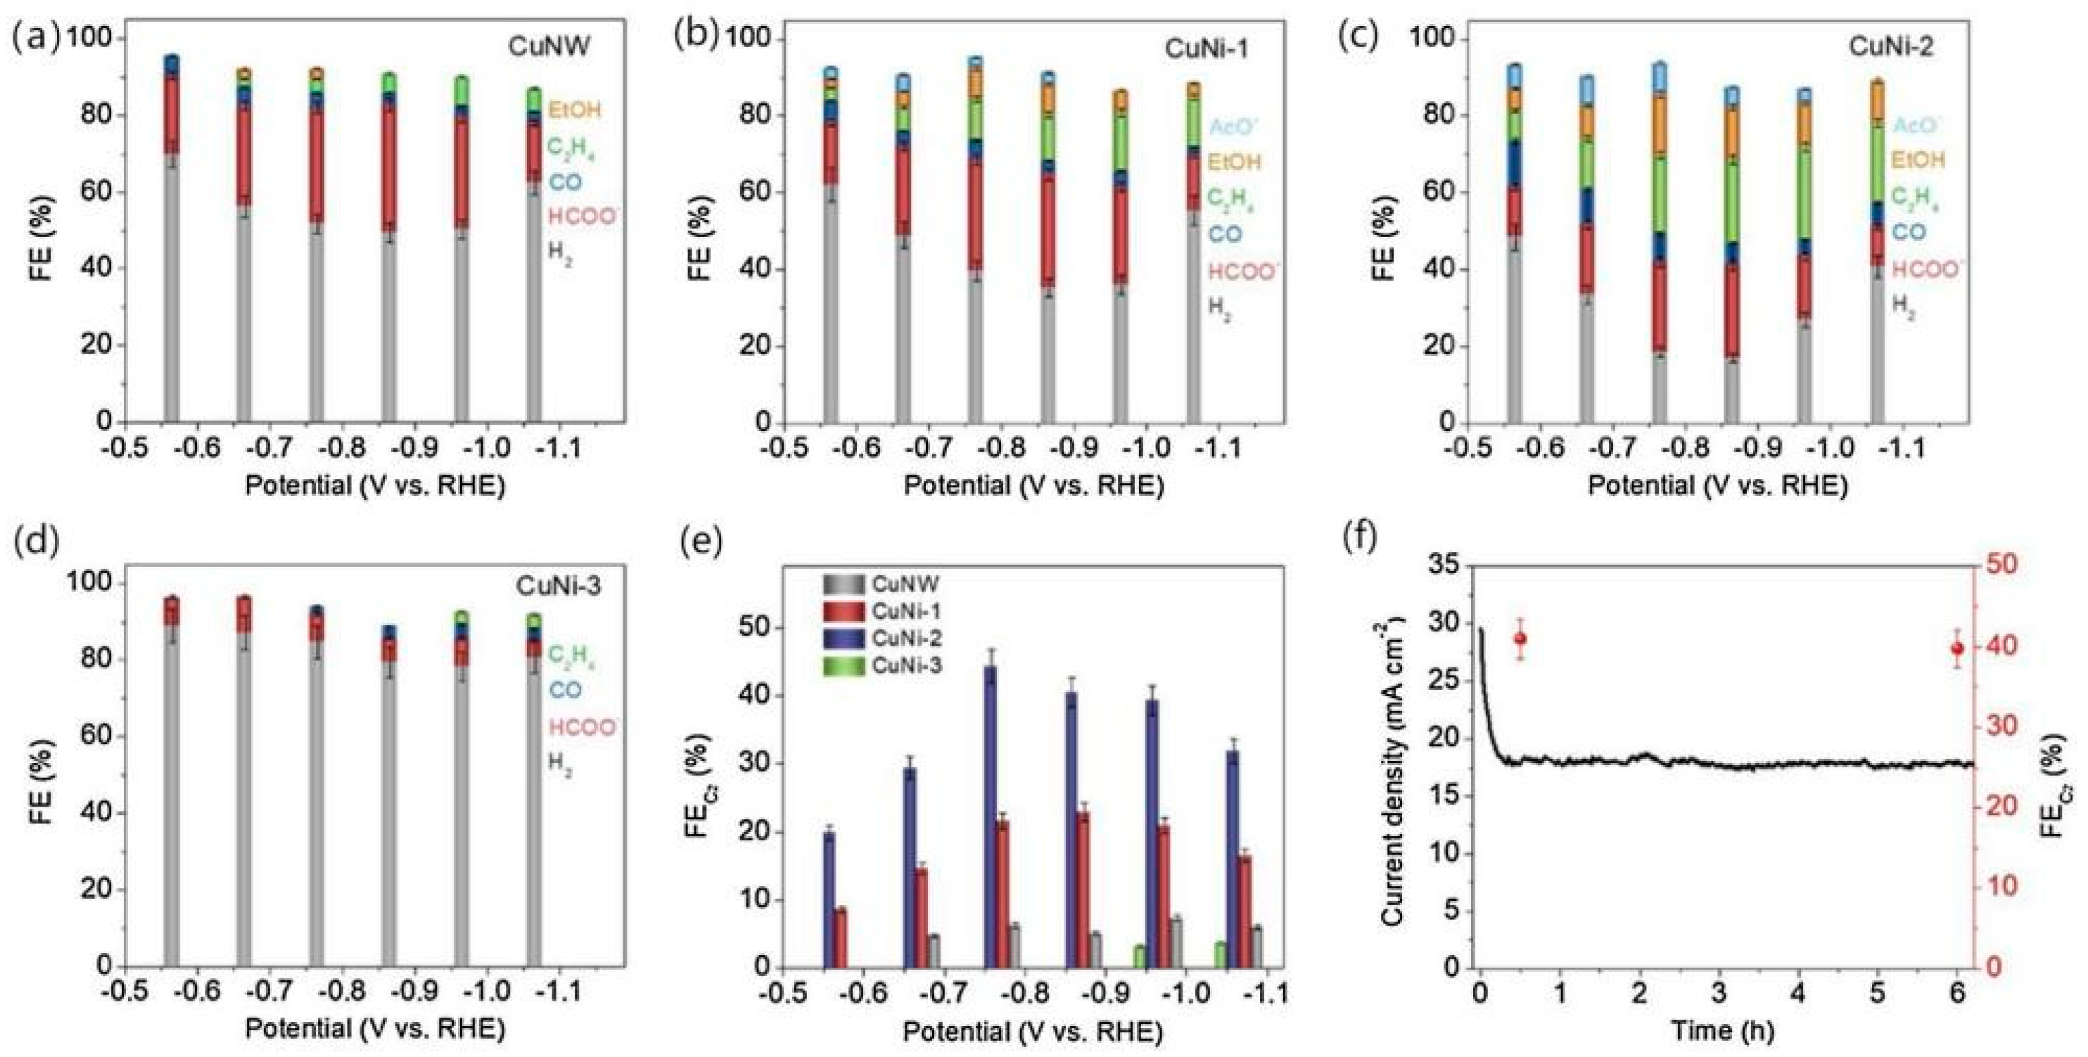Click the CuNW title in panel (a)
click(549, 46)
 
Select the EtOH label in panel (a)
click(575, 110)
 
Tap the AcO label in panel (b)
click(1235, 127)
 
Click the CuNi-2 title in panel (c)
click(1890, 46)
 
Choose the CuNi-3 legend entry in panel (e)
click(905, 666)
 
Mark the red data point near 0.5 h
click(1520, 639)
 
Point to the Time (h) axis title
click(1721, 1030)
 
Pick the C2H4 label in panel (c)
click(1916, 197)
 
